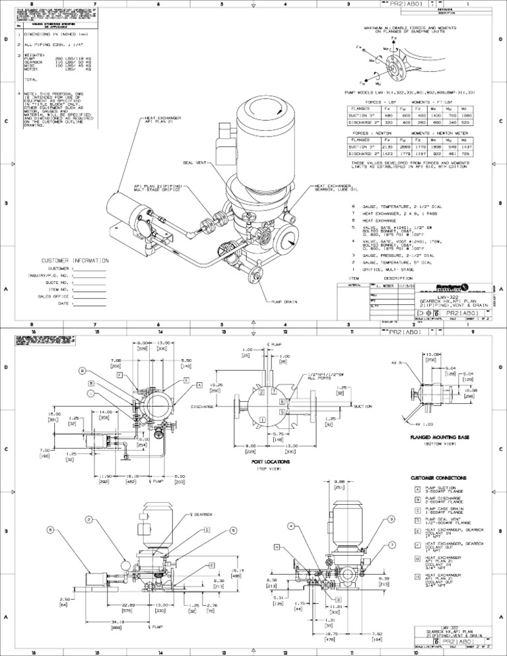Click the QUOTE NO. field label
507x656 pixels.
(57, 282)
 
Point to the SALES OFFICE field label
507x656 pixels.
(53, 296)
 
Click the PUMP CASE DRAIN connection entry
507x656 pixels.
(448, 510)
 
